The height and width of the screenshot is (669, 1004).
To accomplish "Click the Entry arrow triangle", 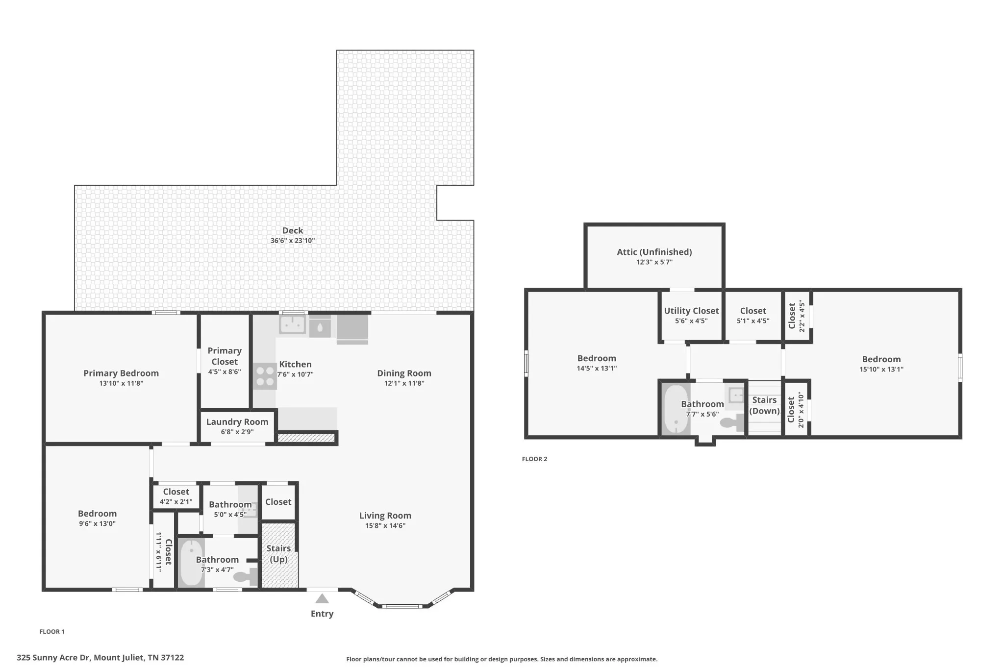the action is (x=322, y=598).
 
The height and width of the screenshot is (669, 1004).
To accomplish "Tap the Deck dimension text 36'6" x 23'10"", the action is (x=293, y=241).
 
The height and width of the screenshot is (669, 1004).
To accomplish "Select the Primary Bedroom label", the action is (x=121, y=373).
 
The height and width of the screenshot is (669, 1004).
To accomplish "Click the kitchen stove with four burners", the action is (x=265, y=376).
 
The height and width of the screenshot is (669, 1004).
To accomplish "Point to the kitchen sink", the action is (x=293, y=324).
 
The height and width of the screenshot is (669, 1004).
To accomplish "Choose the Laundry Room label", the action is (x=237, y=421).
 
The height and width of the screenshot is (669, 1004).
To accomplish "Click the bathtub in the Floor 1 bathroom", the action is (x=190, y=563).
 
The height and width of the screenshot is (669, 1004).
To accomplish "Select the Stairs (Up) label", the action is (x=278, y=554).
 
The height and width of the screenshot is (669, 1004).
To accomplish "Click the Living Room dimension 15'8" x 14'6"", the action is (x=385, y=525).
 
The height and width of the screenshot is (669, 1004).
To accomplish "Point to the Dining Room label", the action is (x=404, y=373).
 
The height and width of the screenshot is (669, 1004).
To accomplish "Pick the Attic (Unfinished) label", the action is (x=654, y=252).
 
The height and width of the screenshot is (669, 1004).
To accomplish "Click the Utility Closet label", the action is (x=691, y=311).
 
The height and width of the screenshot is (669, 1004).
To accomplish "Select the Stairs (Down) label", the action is (x=765, y=405).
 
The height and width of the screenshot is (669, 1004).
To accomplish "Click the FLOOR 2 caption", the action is (x=534, y=459).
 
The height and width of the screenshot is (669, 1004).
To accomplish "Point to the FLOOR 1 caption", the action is (x=52, y=631).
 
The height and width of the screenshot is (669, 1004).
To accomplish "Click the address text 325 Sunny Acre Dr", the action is (x=53, y=658).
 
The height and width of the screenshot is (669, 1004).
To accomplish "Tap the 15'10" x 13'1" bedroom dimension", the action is (x=881, y=369).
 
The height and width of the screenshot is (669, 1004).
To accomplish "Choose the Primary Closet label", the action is (x=225, y=356).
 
